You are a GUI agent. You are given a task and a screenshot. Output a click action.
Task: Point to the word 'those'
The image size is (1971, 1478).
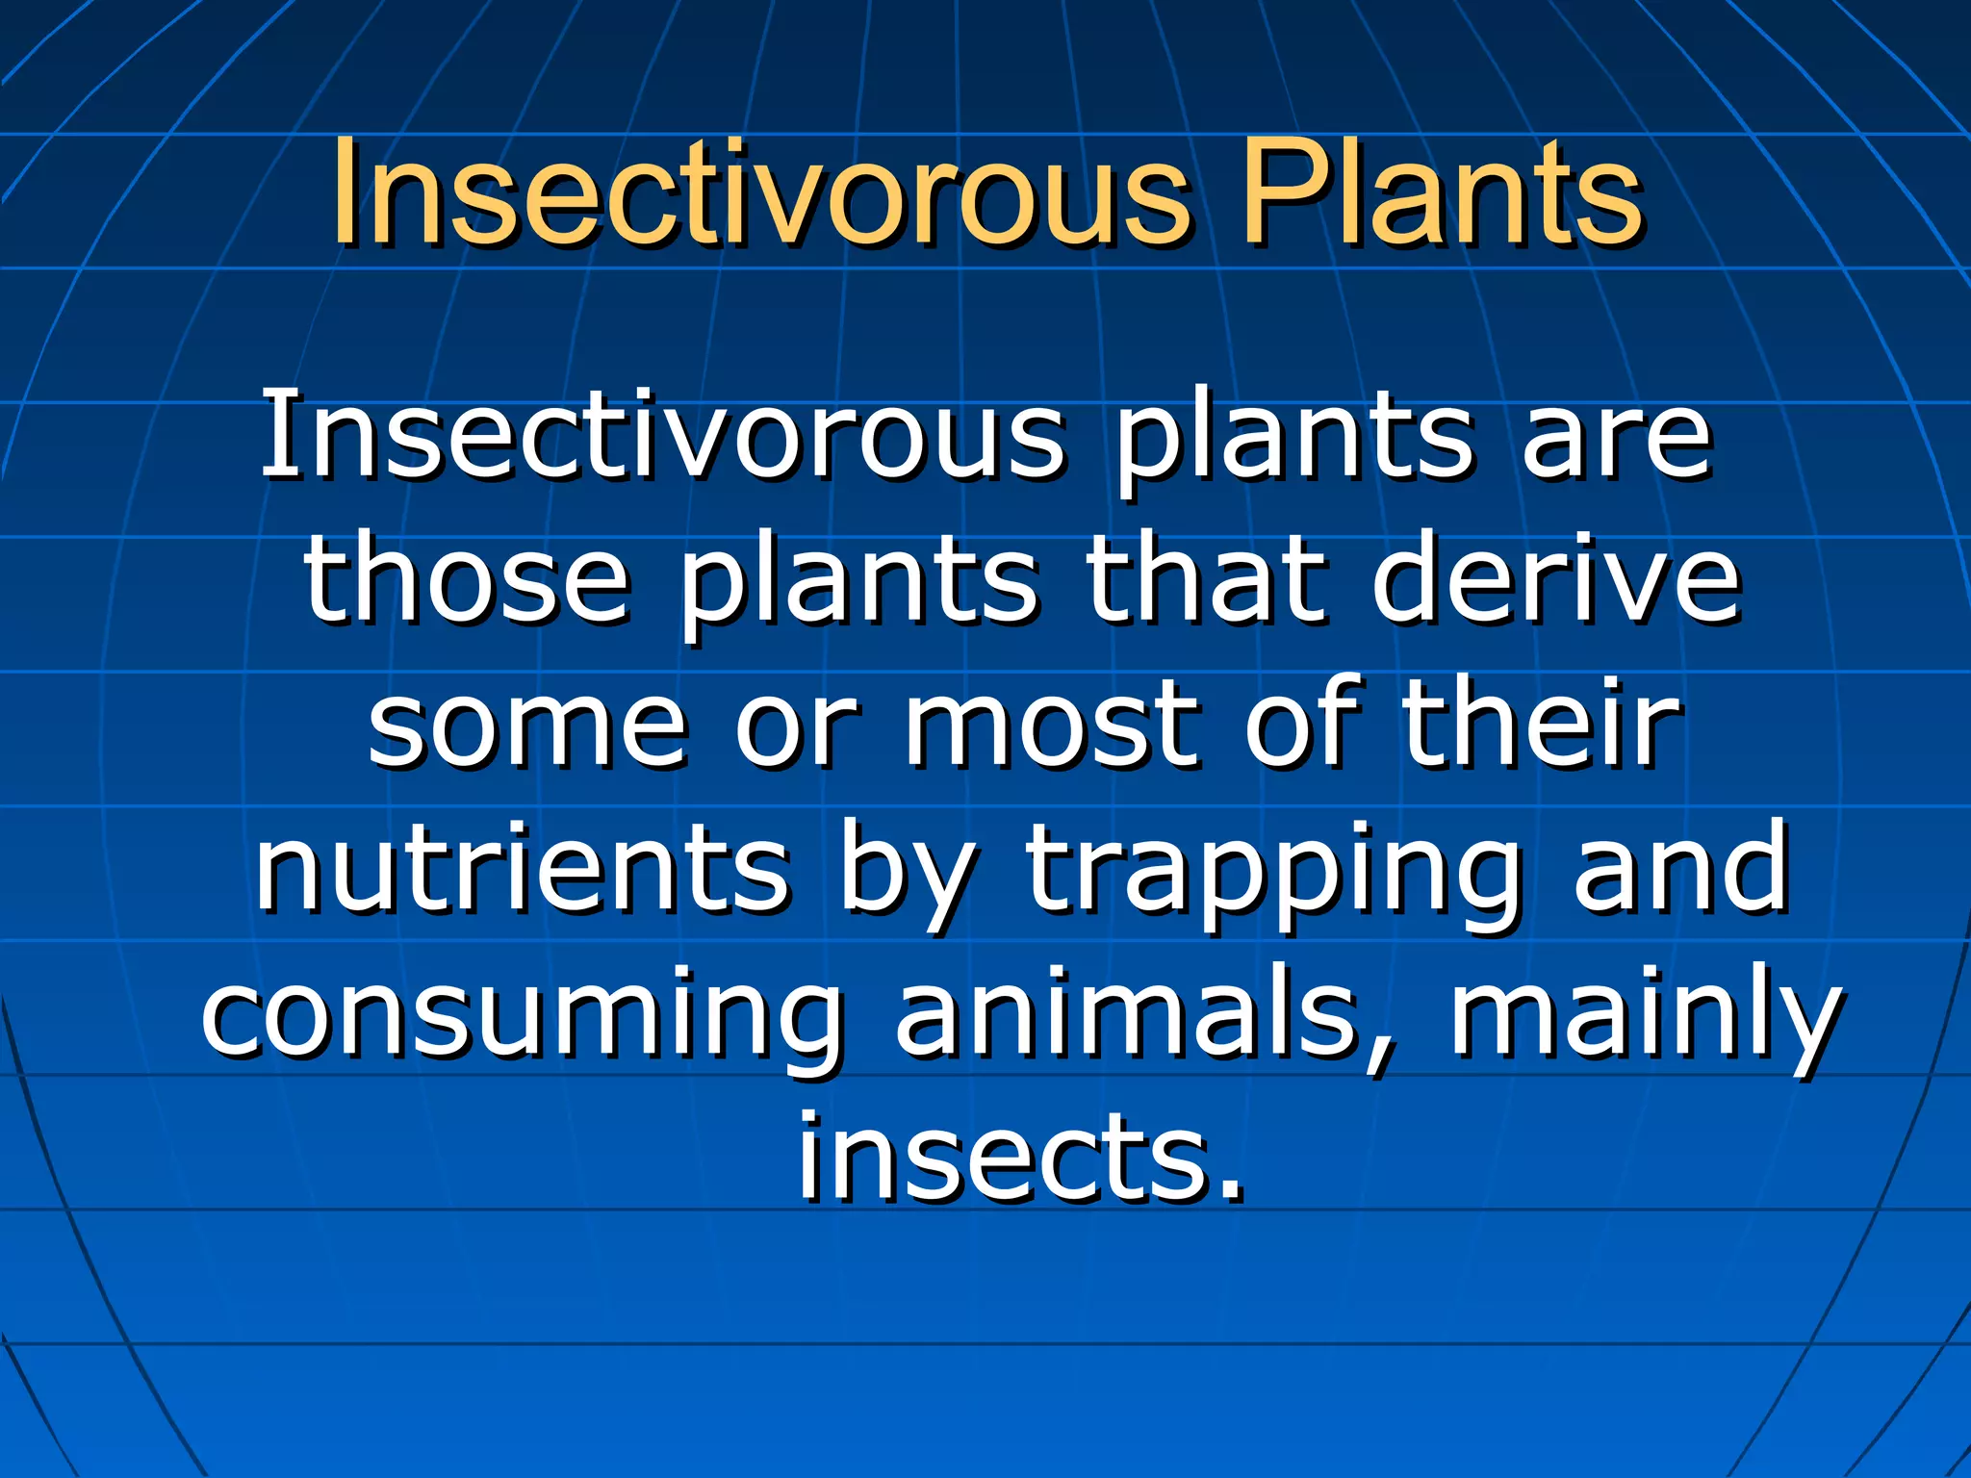467,580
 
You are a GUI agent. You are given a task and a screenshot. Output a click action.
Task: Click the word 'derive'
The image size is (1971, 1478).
1556,580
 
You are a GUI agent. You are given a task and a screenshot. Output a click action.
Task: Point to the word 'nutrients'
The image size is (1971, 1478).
522,868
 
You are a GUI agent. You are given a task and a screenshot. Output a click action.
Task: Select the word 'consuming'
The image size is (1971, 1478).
520,1016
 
